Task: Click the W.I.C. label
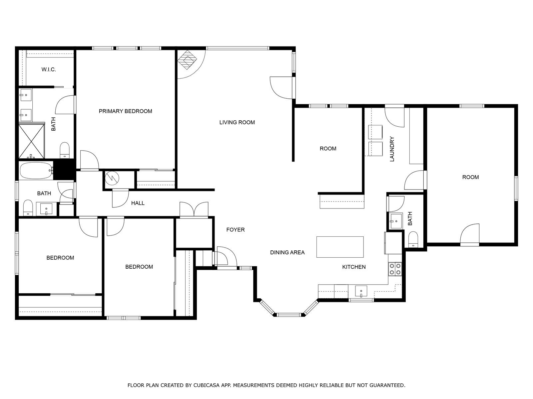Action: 49,69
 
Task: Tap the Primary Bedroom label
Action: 125,111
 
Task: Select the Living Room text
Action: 237,122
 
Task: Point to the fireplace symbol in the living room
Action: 187,60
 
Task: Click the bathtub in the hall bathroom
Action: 36,171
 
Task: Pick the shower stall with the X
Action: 32,141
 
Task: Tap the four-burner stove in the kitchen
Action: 395,269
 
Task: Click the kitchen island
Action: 340,247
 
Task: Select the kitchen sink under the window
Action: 361,291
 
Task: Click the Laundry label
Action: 392,149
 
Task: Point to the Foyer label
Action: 235,230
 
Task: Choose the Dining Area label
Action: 287,252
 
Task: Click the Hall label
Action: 138,203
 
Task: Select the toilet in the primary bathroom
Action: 65,150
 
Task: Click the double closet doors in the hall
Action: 194,209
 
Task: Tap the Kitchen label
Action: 354,267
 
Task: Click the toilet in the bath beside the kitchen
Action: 413,239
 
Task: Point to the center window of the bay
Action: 288,315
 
